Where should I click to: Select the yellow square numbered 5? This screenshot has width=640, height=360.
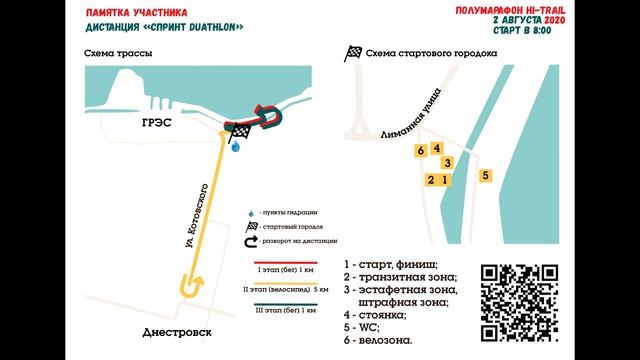tap(485, 175)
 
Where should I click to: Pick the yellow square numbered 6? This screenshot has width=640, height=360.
tap(422, 151)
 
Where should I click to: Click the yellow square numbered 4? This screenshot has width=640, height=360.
tap(437, 148)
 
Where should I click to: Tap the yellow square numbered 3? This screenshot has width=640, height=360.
tap(447, 163)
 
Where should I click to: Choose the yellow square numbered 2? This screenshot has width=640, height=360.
tap(431, 180)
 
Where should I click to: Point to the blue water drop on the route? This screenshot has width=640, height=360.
tap(235, 147)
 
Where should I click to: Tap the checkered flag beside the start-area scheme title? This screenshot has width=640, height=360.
tap(352, 55)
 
